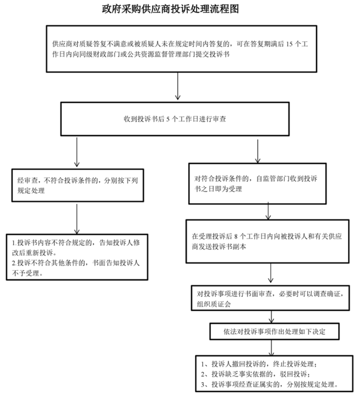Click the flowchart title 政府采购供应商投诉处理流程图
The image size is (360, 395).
pyautogui.click(x=170, y=9)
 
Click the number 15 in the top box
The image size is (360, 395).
pyautogui.click(x=289, y=44)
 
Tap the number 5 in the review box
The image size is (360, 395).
pyautogui.click(x=168, y=119)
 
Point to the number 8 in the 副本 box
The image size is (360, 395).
pyautogui.click(x=235, y=236)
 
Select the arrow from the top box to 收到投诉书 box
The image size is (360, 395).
pyautogui.click(x=178, y=86)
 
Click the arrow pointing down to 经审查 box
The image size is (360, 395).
pyautogui.click(x=77, y=152)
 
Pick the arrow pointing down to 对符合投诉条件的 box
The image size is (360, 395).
pyautogui.click(x=258, y=151)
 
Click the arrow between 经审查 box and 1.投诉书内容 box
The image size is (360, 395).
pyautogui.click(x=77, y=219)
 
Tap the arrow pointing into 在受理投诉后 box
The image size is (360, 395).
pyautogui.click(x=268, y=210)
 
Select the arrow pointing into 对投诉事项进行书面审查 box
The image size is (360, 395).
pyautogui.click(x=271, y=273)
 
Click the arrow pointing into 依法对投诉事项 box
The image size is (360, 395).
pyautogui.click(x=272, y=317)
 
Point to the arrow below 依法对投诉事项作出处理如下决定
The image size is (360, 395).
pyautogui.click(x=272, y=348)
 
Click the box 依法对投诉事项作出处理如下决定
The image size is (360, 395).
pyautogui.click(x=275, y=332)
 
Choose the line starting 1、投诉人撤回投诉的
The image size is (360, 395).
pyautogui.click(x=259, y=364)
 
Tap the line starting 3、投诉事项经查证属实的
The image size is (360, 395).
pyautogui.click(x=269, y=384)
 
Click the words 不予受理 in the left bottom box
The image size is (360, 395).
pyautogui.click(x=26, y=273)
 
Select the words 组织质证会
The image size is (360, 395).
pyautogui.click(x=214, y=304)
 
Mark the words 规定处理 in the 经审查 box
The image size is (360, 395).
pyautogui.click(x=31, y=191)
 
